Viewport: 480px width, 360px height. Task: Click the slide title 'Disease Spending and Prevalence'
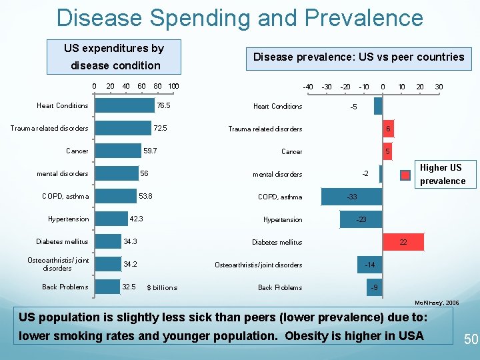(240, 18)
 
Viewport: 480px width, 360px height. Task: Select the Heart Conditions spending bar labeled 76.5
(123, 105)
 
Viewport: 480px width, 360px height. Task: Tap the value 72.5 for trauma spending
(160, 128)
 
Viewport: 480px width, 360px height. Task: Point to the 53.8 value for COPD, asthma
(145, 196)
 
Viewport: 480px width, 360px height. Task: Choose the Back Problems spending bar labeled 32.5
(107, 287)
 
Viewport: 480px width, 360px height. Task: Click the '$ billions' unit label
(162, 287)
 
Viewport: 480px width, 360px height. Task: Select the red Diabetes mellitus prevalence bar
(403, 242)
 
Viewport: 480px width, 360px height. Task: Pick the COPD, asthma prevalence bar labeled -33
(351, 197)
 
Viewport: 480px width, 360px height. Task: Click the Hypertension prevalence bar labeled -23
(361, 219)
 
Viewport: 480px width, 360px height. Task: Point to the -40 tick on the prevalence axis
(308, 86)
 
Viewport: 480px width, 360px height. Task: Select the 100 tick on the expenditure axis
(173, 85)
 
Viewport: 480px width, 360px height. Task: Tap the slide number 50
(471, 339)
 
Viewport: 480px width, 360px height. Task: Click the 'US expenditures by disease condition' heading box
(114, 57)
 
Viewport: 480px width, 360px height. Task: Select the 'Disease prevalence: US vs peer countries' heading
(359, 57)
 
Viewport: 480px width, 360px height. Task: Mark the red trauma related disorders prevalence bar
(387, 129)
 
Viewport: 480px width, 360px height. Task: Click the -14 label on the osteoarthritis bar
(370, 265)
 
